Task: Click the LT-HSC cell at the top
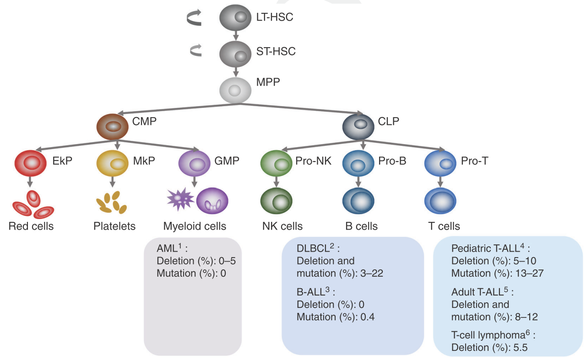coord(235,18)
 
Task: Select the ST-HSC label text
coord(276,51)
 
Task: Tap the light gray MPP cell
coord(235,89)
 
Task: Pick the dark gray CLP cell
coord(358,126)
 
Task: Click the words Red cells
coord(31,226)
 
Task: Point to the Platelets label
coord(114,226)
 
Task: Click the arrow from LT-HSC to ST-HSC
coord(235,35)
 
